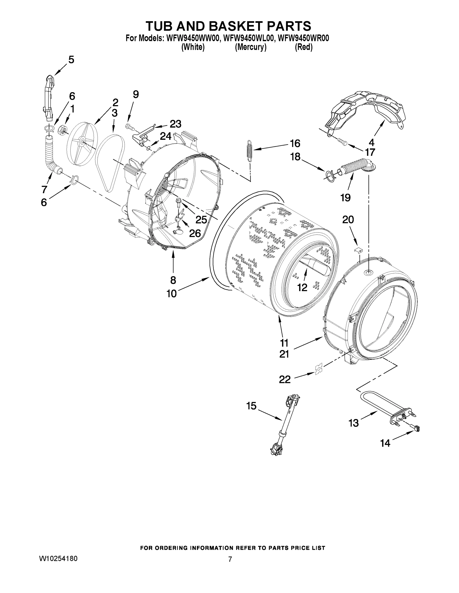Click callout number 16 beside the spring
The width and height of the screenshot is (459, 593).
295,143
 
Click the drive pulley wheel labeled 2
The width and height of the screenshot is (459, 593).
82,143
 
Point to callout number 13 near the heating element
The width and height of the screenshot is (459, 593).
354,423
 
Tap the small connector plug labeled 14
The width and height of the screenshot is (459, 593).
416,428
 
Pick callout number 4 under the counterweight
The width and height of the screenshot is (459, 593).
371,142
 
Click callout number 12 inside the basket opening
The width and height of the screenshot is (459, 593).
302,287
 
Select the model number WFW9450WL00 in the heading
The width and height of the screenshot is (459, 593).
248,38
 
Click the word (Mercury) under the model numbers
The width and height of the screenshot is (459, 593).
250,47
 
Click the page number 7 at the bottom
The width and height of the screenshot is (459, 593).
230,559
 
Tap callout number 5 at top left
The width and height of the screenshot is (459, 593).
71,60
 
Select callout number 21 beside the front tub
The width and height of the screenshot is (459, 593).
284,354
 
